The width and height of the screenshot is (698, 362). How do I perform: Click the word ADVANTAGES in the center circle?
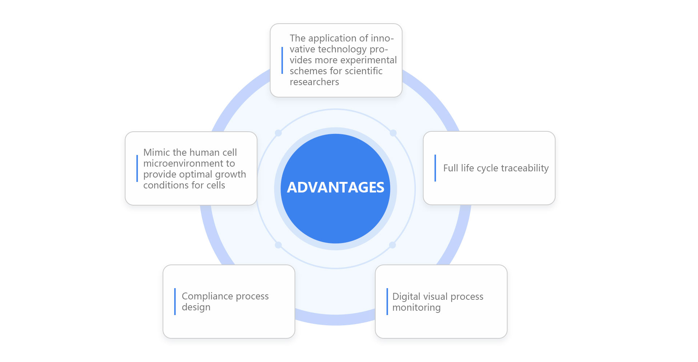tap(336, 187)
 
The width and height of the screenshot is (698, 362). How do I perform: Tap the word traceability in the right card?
tap(525, 168)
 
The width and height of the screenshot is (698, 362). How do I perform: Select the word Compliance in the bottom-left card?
tap(207, 296)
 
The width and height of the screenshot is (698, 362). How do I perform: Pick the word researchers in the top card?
tap(314, 82)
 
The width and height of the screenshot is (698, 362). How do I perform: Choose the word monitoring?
tap(417, 307)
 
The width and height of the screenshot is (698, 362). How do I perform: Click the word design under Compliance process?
tap(196, 307)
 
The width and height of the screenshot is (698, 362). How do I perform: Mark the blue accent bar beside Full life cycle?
tap(435, 168)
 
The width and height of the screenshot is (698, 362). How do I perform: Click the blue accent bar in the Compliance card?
tap(175, 302)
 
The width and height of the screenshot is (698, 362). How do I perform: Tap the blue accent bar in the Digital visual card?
tap(387, 302)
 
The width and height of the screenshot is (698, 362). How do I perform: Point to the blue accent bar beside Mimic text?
tap(137, 168)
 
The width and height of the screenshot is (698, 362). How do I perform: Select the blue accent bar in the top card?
tap(282, 60)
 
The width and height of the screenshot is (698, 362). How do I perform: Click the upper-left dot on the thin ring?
tap(278, 133)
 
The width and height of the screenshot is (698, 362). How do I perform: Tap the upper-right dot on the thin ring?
tap(393, 133)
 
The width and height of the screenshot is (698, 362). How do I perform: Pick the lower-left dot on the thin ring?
tap(278, 245)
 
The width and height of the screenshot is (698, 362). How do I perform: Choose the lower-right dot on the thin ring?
tap(393, 245)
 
